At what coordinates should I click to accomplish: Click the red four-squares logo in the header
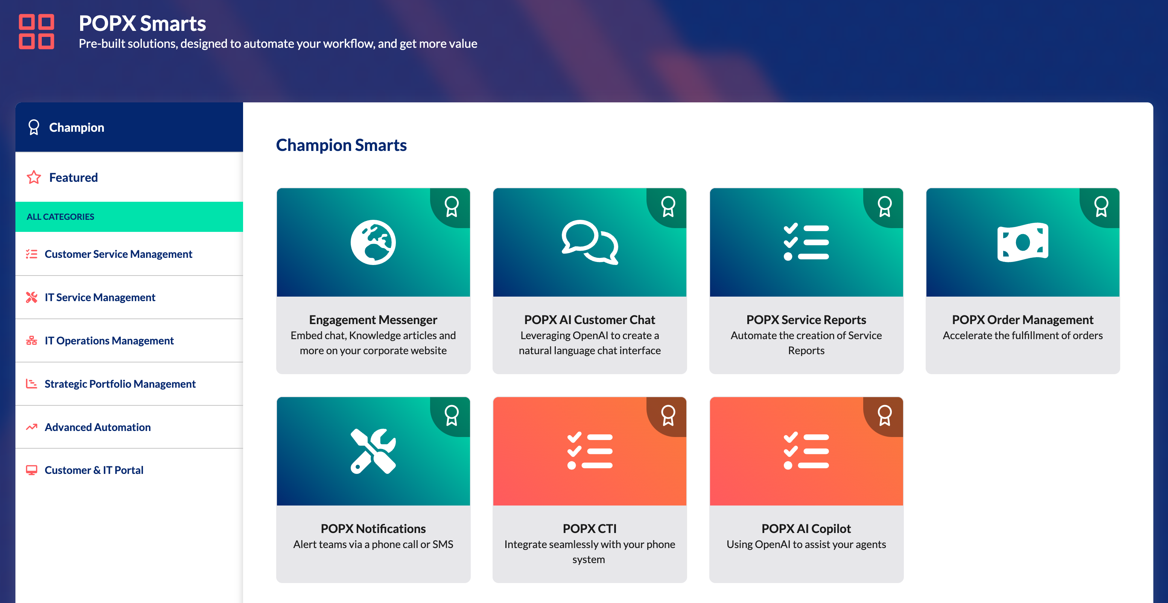[x=36, y=31]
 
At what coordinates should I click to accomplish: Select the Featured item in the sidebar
[x=73, y=177]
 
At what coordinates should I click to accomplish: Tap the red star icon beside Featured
[x=34, y=177]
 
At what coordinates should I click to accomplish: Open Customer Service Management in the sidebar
[x=118, y=254]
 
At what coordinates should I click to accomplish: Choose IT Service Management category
[x=100, y=297]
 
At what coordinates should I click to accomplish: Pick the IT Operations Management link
[x=109, y=341]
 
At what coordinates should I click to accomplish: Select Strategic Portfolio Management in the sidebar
[x=120, y=384]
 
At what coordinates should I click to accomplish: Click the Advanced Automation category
[x=97, y=427]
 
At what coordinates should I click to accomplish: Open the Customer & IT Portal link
[x=94, y=470]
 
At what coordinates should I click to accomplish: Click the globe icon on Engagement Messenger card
[x=373, y=242]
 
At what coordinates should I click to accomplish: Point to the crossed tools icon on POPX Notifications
[x=373, y=451]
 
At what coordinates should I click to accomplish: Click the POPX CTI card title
[x=589, y=528]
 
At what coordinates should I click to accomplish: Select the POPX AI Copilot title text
[x=806, y=528]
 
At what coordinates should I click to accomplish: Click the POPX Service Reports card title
[x=806, y=320]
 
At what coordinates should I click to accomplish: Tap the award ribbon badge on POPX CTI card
[x=668, y=416]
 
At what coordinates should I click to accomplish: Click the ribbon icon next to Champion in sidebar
[x=33, y=128]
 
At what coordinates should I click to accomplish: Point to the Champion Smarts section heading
[x=341, y=145]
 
